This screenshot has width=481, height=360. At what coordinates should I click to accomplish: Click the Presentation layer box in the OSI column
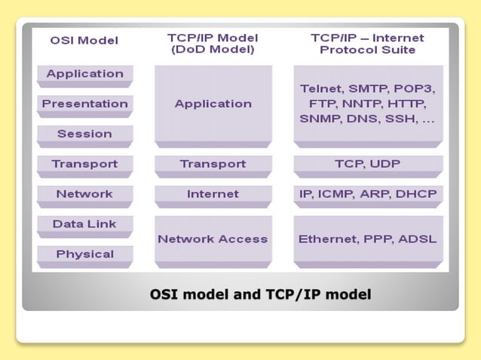pos(85,104)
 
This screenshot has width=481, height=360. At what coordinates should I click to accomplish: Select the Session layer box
pos(85,134)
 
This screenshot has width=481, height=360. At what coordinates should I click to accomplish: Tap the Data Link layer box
pos(85,224)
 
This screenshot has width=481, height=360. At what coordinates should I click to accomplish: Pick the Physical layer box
pos(85,254)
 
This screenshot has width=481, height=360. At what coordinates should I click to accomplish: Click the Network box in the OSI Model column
pos(85,194)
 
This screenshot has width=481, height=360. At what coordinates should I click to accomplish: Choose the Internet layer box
pos(213,194)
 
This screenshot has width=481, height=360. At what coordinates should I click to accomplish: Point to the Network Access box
pos(213,239)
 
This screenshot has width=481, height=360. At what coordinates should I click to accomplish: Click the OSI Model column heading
pos(84,39)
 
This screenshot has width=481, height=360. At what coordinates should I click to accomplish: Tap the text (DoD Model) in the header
pos(213,50)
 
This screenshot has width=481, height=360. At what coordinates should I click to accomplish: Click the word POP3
pos(417,89)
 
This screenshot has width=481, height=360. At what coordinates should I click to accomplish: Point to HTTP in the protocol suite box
pos(409,104)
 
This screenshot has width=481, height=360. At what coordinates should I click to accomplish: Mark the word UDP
pos(386,163)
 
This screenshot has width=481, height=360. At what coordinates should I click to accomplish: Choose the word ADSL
pos(418,239)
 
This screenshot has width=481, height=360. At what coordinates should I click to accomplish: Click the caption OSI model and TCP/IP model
pos(261,294)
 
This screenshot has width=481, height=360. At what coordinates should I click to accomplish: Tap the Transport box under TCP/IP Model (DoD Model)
pos(213,163)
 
